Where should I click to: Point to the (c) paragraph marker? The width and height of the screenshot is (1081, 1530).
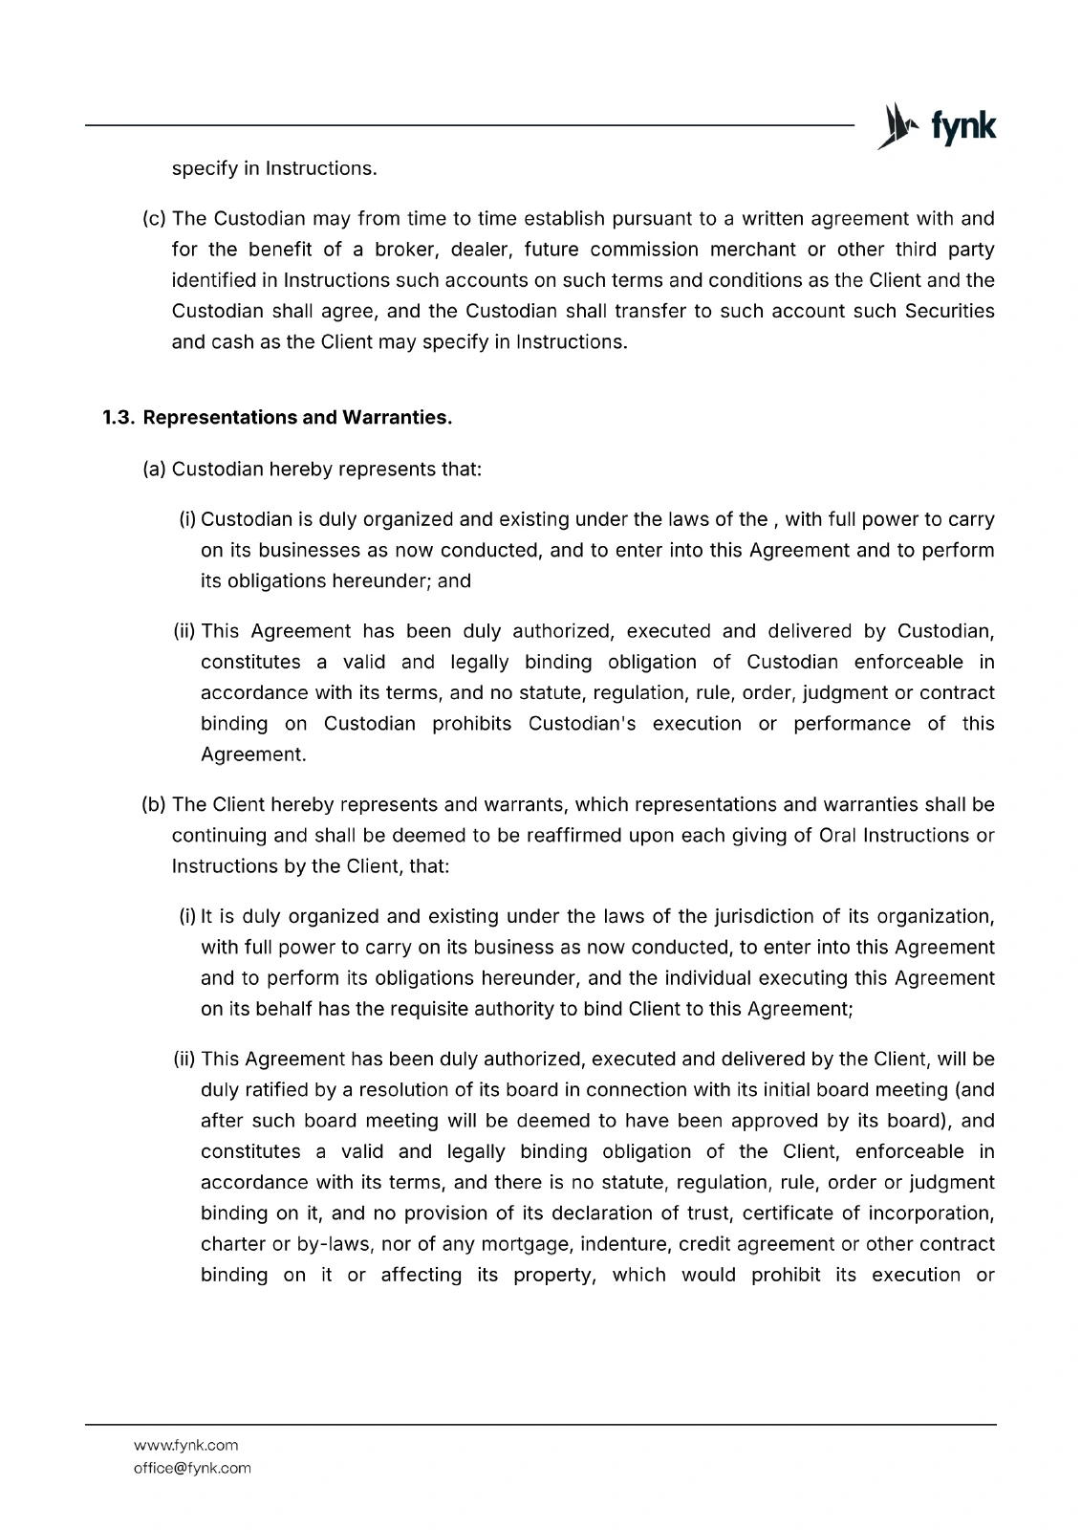click(x=153, y=219)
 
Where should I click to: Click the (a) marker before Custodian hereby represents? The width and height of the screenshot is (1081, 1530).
click(x=153, y=470)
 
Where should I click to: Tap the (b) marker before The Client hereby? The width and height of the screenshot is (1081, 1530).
click(x=153, y=804)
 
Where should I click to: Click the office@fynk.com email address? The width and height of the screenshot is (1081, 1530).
click(x=192, y=1468)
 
